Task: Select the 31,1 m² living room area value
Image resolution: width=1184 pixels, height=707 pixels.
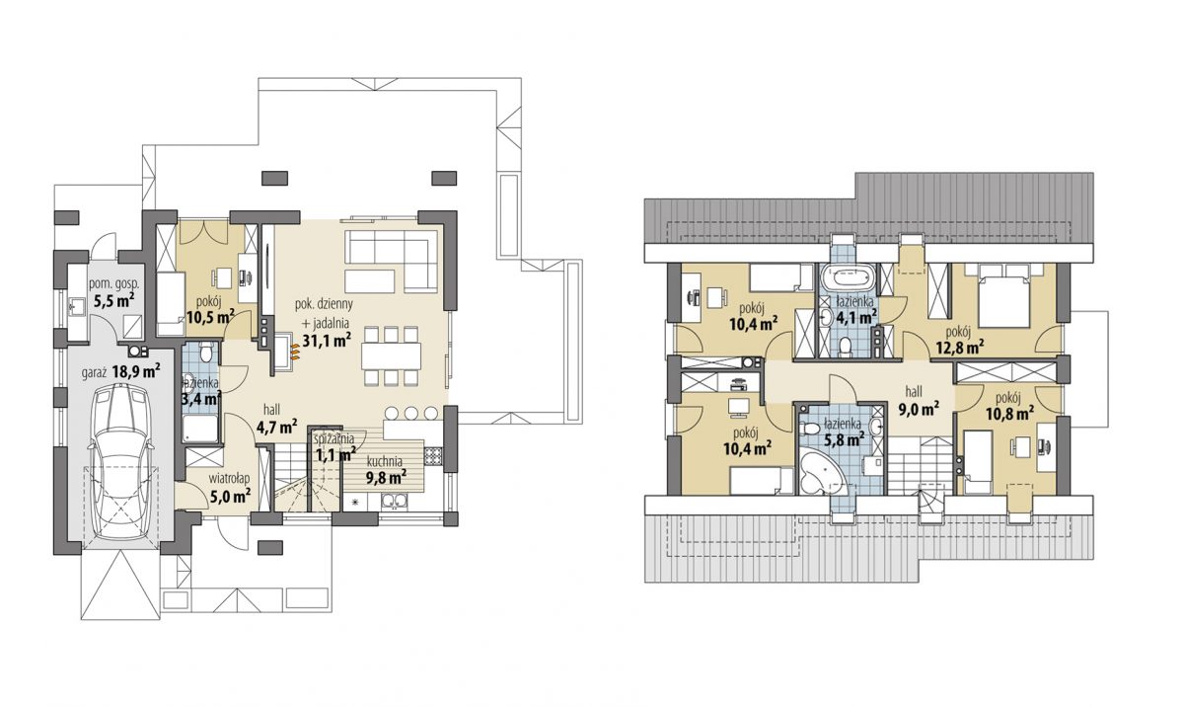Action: (x=328, y=340)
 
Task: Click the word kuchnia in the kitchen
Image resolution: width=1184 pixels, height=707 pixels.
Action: (x=385, y=462)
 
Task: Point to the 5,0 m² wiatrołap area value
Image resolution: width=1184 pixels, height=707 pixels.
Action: (x=231, y=497)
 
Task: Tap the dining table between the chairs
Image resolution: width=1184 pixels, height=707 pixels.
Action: (x=392, y=356)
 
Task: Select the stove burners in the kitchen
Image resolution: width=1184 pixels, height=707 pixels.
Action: (x=432, y=456)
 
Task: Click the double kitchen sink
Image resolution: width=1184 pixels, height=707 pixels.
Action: (x=394, y=502)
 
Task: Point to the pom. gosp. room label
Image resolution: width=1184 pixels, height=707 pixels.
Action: (x=114, y=285)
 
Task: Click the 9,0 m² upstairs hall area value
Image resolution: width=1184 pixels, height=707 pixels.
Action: (x=919, y=409)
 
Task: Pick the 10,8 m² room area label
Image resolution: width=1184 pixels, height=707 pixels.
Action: (x=1009, y=414)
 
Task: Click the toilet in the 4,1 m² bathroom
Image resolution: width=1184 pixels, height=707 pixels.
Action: (x=846, y=347)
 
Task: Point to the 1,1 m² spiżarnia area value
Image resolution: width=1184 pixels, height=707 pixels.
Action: (x=335, y=454)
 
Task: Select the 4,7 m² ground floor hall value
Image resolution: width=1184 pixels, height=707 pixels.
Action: (x=276, y=427)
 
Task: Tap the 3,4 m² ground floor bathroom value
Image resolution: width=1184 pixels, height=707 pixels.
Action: (x=201, y=398)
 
